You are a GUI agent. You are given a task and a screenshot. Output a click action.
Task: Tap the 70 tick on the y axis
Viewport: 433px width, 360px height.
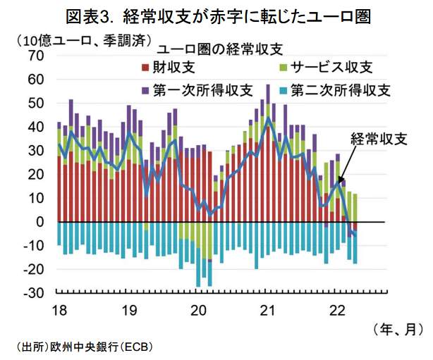pyautogui.click(x=35, y=56)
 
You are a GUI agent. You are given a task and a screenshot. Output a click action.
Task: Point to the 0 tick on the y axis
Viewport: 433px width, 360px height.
pyautogui.click(x=41, y=222)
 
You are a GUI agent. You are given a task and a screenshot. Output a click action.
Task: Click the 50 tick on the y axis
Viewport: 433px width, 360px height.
pyautogui.click(x=35, y=104)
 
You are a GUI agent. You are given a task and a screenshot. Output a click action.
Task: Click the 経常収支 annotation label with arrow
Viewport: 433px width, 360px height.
pyautogui.click(x=379, y=138)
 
